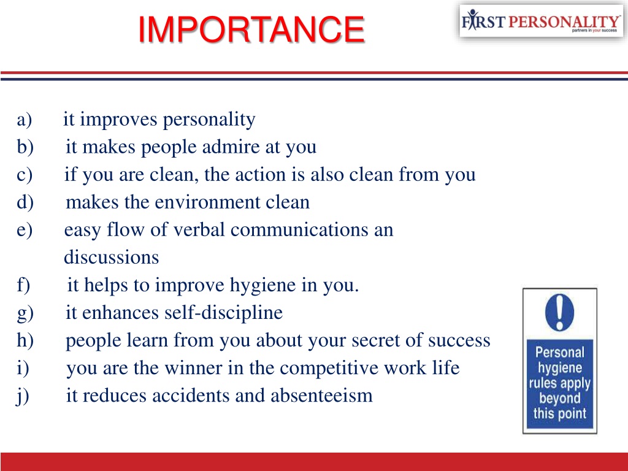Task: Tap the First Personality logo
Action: click(540, 21)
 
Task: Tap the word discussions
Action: click(111, 258)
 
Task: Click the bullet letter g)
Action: click(25, 313)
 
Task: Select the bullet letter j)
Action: click(23, 396)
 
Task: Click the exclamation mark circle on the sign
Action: click(559, 312)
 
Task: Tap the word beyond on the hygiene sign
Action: click(559, 399)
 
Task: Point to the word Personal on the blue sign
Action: click(559, 353)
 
